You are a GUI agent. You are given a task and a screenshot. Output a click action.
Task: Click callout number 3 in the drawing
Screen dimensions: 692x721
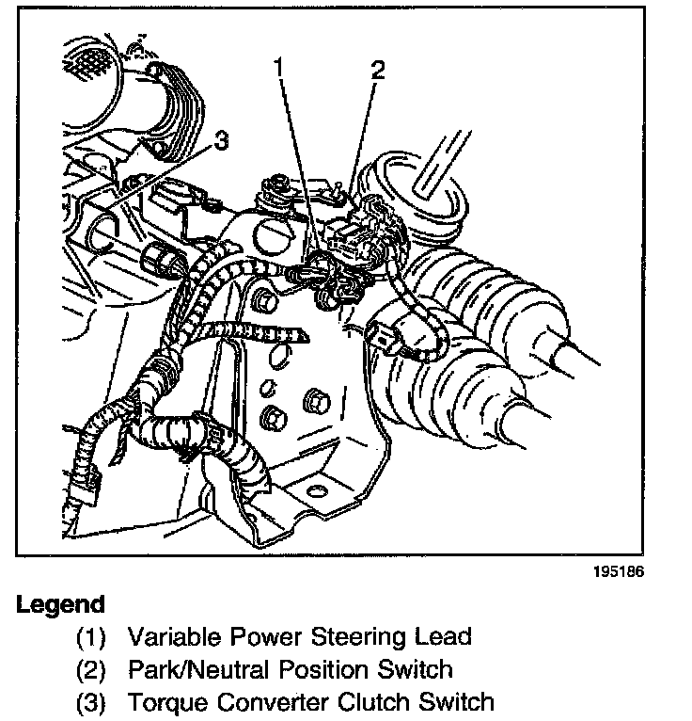(221, 141)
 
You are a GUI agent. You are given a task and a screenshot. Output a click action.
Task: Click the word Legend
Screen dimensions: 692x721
(60, 604)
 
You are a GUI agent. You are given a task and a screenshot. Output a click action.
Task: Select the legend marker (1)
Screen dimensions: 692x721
(92, 637)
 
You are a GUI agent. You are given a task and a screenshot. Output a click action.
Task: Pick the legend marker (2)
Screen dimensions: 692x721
(92, 670)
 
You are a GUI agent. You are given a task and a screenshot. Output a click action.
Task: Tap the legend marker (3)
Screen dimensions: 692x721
(92, 703)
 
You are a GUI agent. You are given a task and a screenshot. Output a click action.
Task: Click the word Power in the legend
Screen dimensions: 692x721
(257, 636)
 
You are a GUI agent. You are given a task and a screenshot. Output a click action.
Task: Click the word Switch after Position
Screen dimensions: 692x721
(418, 669)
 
